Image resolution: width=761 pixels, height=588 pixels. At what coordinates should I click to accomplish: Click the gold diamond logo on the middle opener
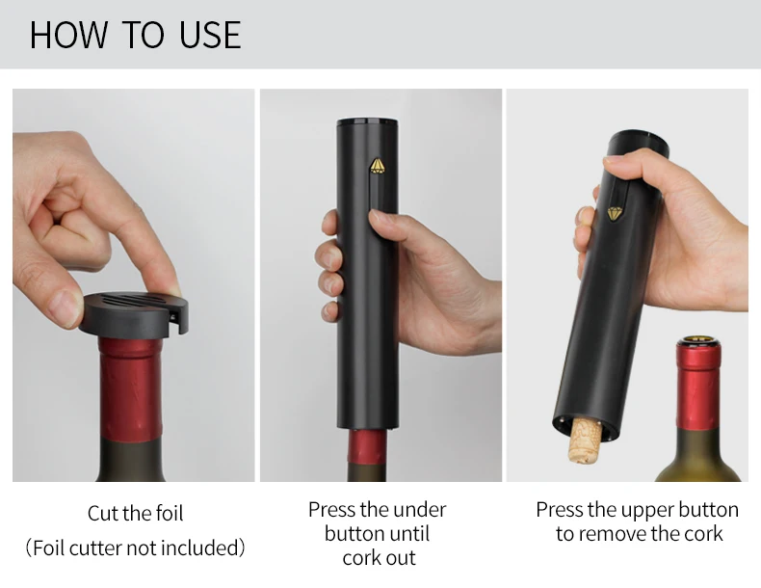pos(377,167)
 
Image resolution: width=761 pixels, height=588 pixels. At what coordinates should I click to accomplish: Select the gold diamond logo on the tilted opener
pos(613,213)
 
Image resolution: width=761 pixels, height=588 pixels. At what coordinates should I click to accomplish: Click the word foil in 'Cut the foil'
pos(163,514)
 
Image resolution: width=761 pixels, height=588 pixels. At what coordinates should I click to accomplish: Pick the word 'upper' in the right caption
pos(648,509)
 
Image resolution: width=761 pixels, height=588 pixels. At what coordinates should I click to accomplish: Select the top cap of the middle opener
pos(367,124)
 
